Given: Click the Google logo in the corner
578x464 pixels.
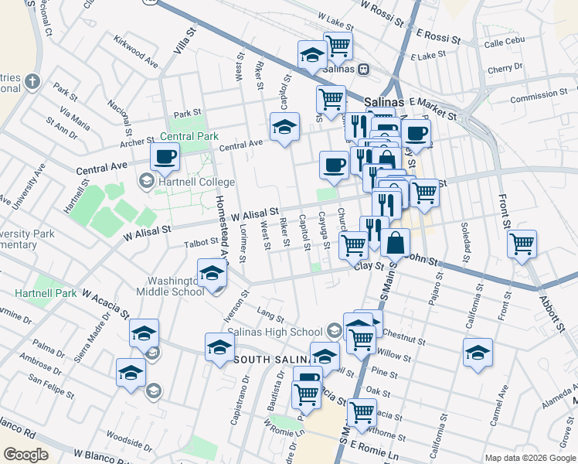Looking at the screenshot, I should (25, 455).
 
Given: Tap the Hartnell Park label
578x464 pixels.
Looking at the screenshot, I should (46, 294).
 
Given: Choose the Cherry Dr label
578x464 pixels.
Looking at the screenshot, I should (506, 68).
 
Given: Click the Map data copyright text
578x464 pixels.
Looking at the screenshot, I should (529, 458).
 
